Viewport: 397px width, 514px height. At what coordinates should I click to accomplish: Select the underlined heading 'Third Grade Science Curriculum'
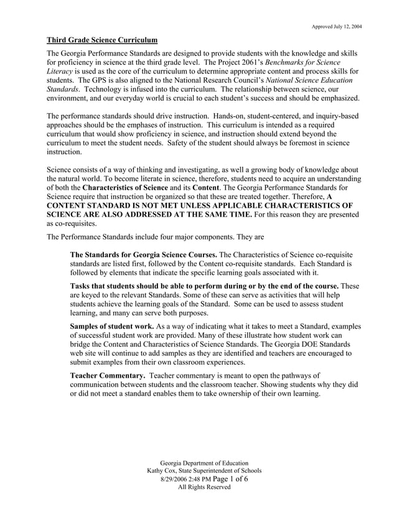103,40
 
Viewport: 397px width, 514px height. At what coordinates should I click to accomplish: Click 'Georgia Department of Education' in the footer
204,463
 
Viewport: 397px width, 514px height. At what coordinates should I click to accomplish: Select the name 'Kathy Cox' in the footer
164,471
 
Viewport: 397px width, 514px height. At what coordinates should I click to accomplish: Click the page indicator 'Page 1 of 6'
231,479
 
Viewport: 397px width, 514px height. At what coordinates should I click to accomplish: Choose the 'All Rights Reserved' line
204,487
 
